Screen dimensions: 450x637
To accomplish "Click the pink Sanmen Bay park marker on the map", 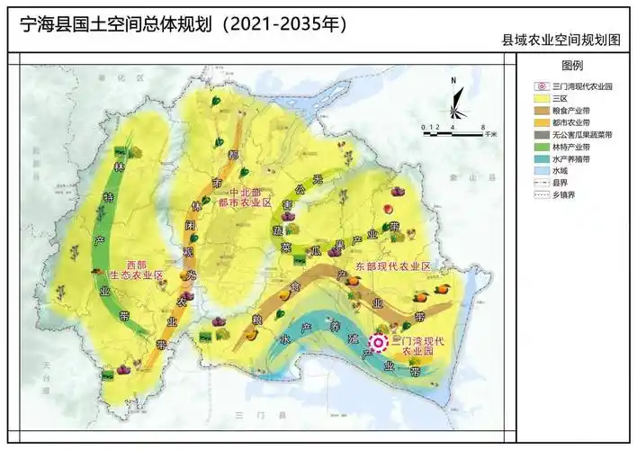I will [379, 343].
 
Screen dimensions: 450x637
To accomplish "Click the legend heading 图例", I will [572, 67].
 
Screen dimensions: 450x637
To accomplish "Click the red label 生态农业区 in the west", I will [135, 274].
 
